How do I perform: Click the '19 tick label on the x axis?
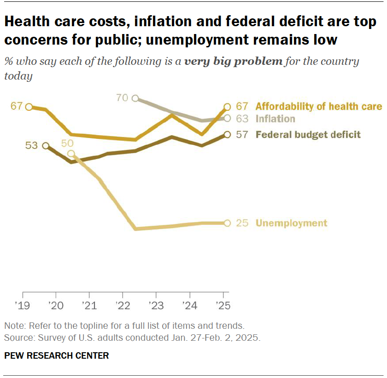pyautogui.click(x=23, y=305)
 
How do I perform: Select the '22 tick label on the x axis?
pyautogui.click(x=123, y=305)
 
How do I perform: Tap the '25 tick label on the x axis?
pyautogui.click(x=223, y=305)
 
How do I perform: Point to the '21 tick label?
pyautogui.click(x=89, y=305)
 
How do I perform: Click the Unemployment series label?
pyautogui.click(x=291, y=223)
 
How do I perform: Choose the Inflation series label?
pyautogui.click(x=275, y=119)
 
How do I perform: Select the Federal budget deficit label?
pyautogui.click(x=308, y=135)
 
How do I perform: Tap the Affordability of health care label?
pyautogui.click(x=318, y=107)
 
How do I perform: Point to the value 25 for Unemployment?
pyautogui.click(x=242, y=223)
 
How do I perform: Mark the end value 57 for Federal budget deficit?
pyautogui.click(x=242, y=135)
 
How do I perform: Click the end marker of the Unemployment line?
pyautogui.click(x=227, y=223)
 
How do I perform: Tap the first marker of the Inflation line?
pyautogui.click(x=135, y=98)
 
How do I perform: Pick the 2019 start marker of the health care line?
pyautogui.click(x=29, y=107)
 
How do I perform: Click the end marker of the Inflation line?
pyautogui.click(x=227, y=118)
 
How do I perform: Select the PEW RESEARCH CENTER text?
pyautogui.click(x=57, y=355)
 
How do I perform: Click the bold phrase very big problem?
pyautogui.click(x=233, y=62)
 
